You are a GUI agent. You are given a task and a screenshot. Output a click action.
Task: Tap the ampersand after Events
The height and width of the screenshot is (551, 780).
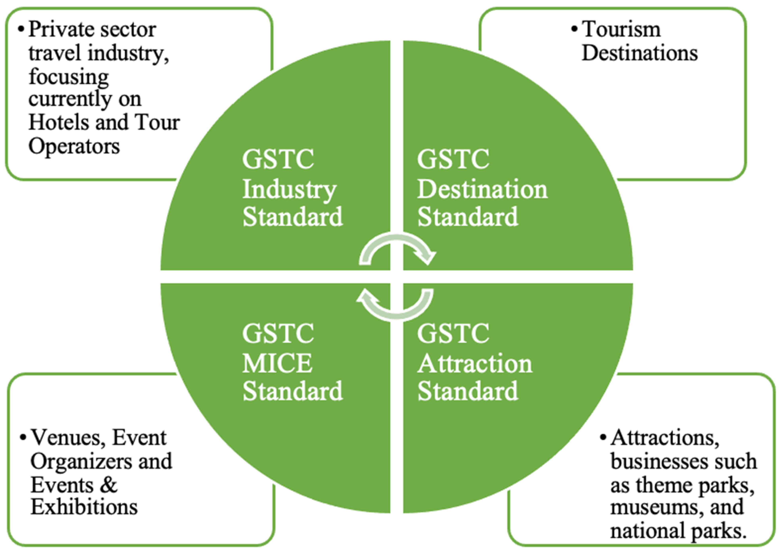pyautogui.click(x=108, y=484)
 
